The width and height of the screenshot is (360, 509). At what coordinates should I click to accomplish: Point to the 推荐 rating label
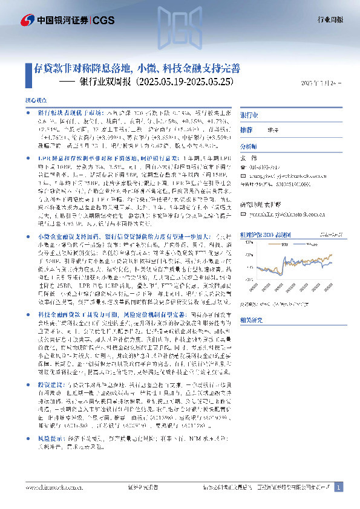coord(246,130)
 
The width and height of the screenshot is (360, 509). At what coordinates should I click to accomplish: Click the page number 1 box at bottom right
coord(339,487)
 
